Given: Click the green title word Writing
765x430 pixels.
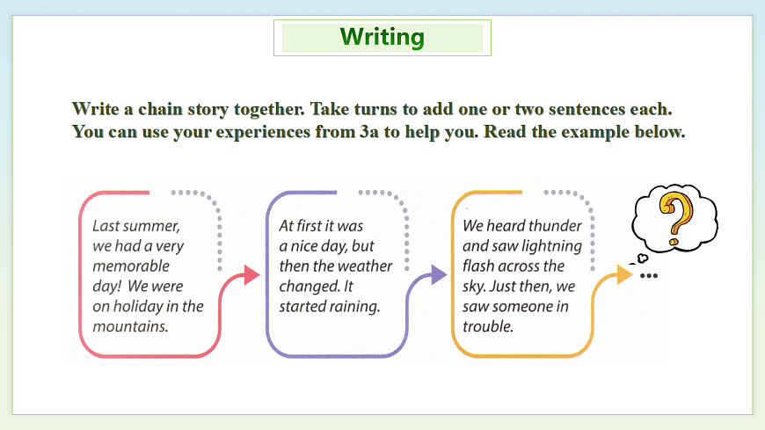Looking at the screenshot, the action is [x=382, y=37].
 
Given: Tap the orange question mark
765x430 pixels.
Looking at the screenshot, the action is [x=675, y=219].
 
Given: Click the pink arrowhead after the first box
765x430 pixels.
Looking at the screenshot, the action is [x=251, y=274].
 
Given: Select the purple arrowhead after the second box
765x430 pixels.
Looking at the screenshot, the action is [x=439, y=274].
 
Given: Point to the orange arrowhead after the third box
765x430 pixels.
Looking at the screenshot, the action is [x=624, y=274].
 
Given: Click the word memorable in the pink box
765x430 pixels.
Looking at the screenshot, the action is [x=131, y=266].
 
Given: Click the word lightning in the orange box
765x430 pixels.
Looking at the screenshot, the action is [x=555, y=246].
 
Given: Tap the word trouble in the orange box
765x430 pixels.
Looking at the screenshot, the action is [x=488, y=326].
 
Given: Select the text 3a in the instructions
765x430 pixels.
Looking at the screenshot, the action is [x=369, y=132].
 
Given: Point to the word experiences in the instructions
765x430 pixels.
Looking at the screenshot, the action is [x=263, y=132].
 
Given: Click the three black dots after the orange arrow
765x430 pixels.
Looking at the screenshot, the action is [x=649, y=276].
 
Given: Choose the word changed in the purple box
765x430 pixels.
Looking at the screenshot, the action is [x=305, y=287].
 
